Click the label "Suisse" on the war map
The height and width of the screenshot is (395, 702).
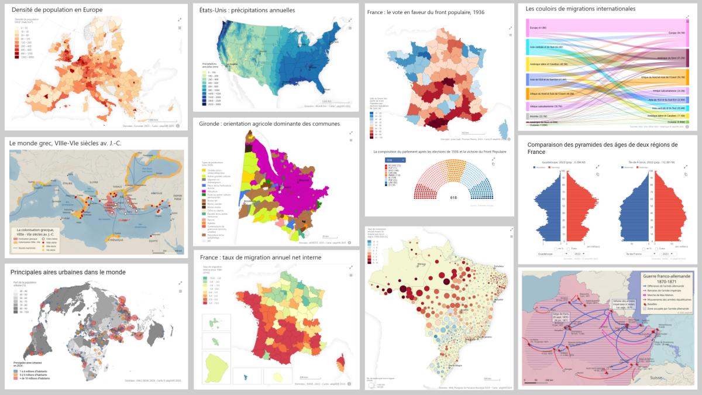[656, 378]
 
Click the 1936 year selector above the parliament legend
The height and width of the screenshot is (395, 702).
[395, 160]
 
